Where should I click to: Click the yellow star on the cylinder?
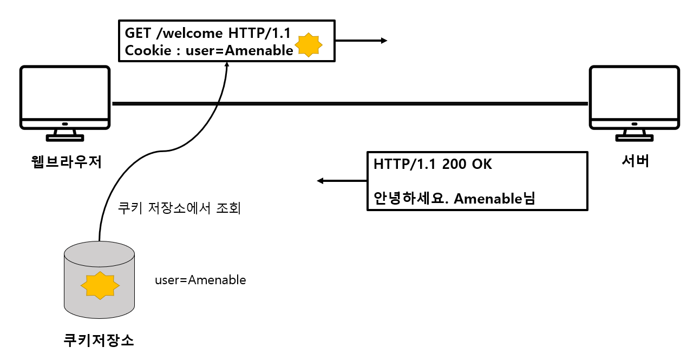click(99, 286)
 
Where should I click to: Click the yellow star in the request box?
click(308, 45)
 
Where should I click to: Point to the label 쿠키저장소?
click(99, 341)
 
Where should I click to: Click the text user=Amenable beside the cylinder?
click(200, 280)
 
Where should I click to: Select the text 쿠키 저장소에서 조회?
click(179, 208)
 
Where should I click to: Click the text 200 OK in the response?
click(467, 165)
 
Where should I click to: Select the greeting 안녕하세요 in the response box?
click(409, 199)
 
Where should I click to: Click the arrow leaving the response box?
click(342, 181)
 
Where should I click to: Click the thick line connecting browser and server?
click(349, 103)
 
